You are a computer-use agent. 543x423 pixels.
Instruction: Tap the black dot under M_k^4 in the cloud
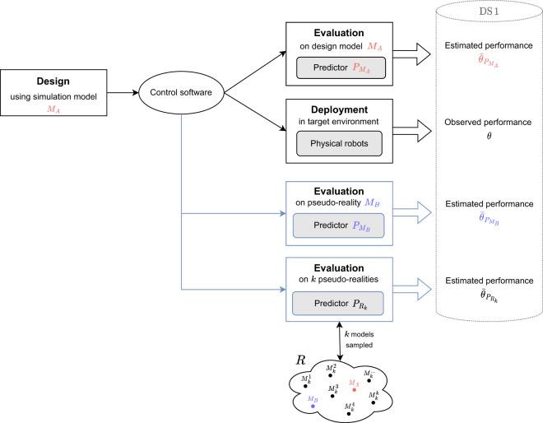pyautogui.click(x=351, y=412)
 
